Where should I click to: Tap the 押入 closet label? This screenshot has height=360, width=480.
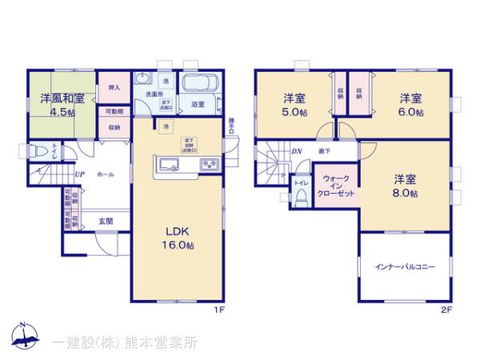point(114,87)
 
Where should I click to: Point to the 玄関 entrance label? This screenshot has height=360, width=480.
point(106,221)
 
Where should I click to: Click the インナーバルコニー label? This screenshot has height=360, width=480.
point(405,267)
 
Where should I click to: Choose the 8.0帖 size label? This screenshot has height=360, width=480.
point(406,192)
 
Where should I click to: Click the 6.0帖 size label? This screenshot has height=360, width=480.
point(411,113)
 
